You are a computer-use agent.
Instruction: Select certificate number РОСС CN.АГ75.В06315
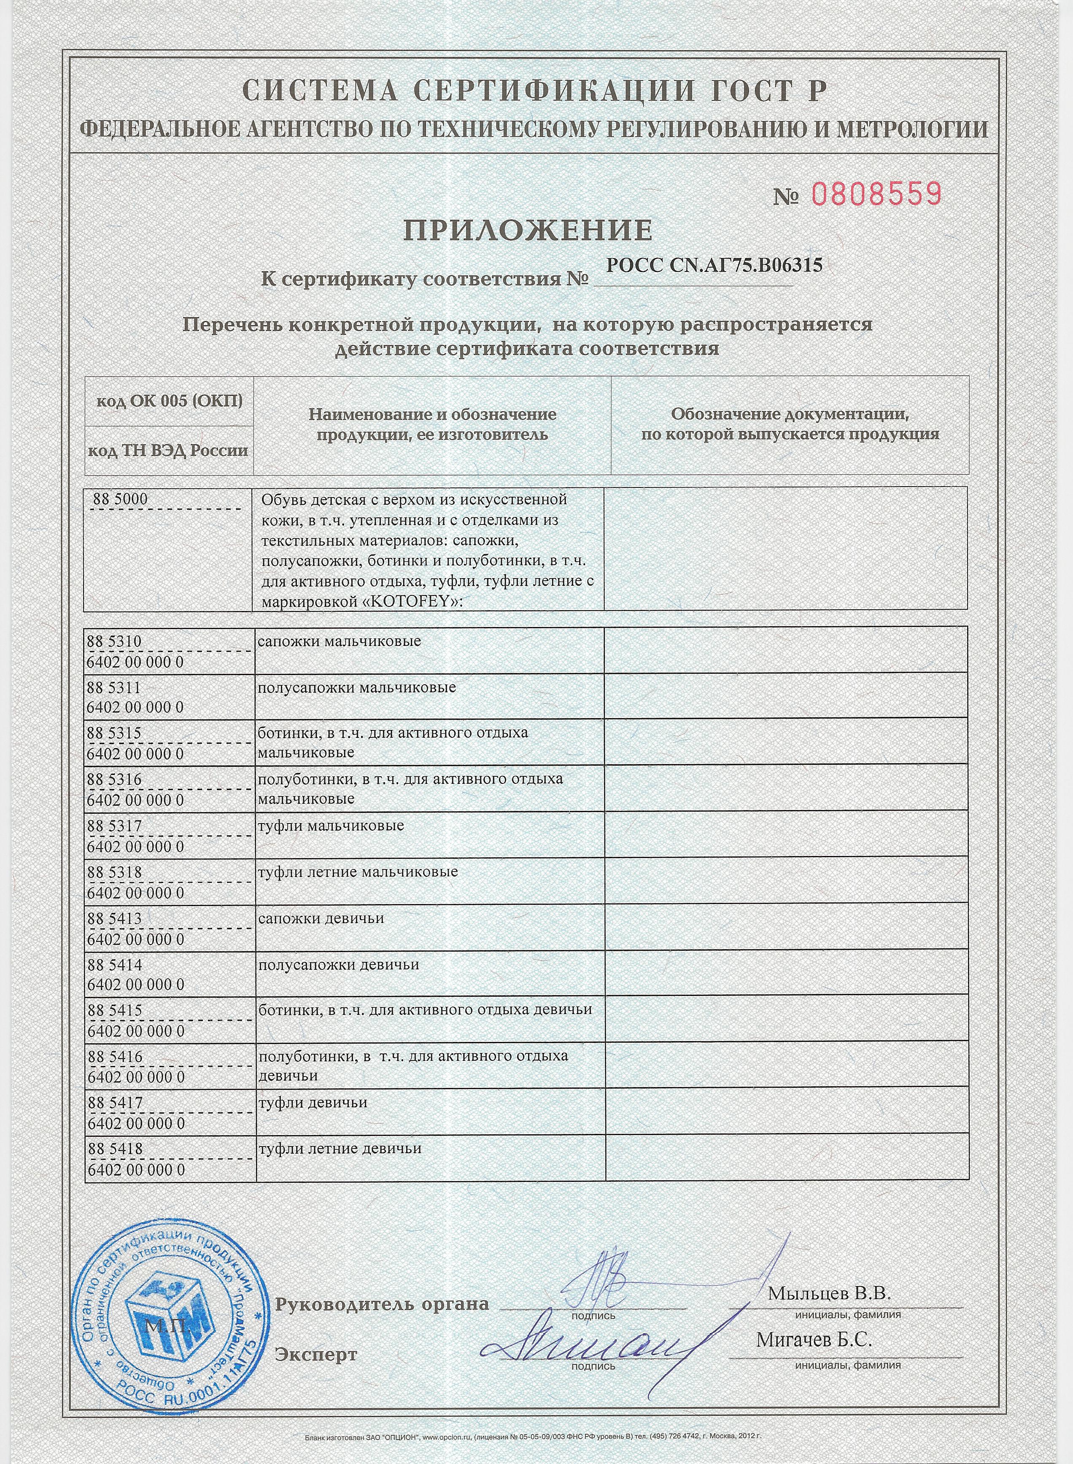click(714, 266)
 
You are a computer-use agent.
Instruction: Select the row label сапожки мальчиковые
click(340, 641)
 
